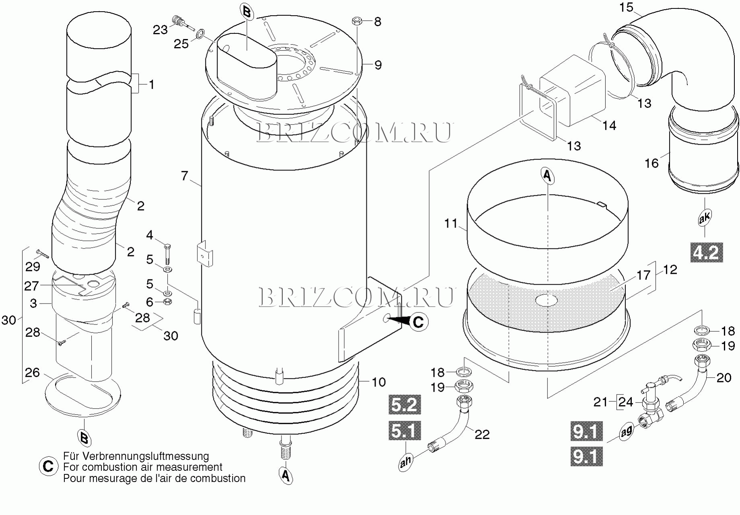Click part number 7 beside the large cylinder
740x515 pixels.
pos(185,176)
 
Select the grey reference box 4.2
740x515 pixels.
pos(707,252)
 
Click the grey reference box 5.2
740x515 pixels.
pos(405,404)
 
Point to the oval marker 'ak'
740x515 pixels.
pos(705,217)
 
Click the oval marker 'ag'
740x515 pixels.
pos(627,431)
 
